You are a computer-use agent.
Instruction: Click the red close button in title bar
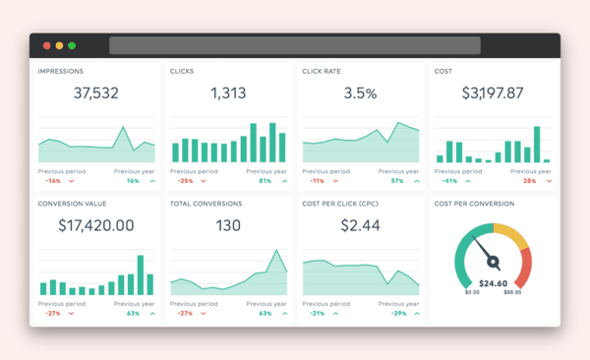(46, 45)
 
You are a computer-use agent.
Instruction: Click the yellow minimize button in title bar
(59, 45)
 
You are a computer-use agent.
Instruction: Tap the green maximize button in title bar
(72, 45)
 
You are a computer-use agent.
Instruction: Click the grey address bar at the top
(294, 45)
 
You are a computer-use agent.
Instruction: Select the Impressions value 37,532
(96, 93)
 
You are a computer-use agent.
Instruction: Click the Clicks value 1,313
(228, 93)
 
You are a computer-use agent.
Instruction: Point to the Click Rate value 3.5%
(360, 93)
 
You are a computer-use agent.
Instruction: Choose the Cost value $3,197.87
(493, 93)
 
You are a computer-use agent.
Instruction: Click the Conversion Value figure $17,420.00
(96, 225)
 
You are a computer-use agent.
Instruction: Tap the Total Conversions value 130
(228, 225)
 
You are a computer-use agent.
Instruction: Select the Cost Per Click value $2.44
(360, 225)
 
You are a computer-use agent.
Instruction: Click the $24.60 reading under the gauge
(493, 283)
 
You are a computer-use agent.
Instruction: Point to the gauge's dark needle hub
(494, 263)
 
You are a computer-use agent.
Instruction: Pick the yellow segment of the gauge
(511, 234)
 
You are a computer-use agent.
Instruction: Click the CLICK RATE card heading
(324, 71)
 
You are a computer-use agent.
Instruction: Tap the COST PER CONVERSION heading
(474, 204)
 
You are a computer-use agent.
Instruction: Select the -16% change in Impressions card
(52, 181)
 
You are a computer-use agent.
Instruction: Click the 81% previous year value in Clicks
(265, 181)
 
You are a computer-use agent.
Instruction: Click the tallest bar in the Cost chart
(537, 144)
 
